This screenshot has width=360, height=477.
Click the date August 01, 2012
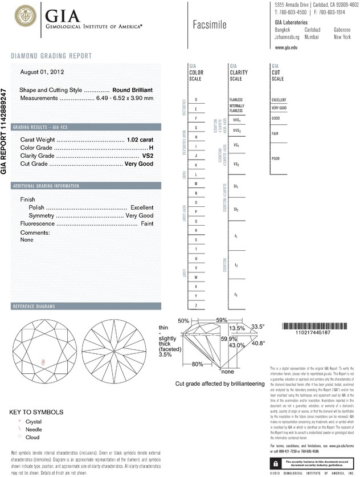tap(42, 72)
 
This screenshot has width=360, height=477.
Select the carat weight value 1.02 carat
tap(140, 140)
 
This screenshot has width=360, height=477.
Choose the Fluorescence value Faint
tap(146, 224)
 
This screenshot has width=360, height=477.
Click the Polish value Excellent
tap(142, 207)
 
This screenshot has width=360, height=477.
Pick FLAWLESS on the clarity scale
tap(236, 100)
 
